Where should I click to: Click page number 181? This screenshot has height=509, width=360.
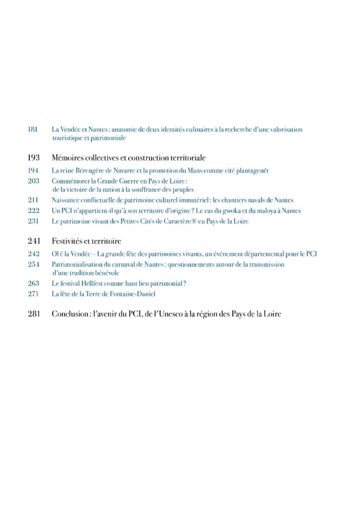pyautogui.click(x=33, y=129)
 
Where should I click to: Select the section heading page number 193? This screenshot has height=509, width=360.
pyautogui.click(x=33, y=158)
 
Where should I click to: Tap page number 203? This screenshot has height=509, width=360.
pyautogui.click(x=33, y=181)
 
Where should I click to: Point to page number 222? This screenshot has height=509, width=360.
pyautogui.click(x=33, y=211)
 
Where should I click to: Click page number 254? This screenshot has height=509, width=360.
pyautogui.click(x=33, y=264)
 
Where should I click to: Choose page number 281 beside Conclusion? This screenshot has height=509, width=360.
pyautogui.click(x=33, y=314)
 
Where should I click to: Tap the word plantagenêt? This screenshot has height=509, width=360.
pyautogui.click(x=251, y=170)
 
